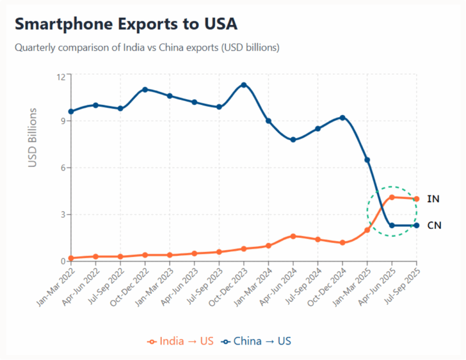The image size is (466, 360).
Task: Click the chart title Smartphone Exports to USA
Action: tap(126, 24)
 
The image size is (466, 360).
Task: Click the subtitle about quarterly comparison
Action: tap(147, 47)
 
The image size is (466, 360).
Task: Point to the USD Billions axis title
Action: tap(32, 137)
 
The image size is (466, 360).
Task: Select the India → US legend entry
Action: tap(180, 341)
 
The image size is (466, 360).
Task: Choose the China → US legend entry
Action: tap(256, 341)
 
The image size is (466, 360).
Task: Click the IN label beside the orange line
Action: tap(433, 199)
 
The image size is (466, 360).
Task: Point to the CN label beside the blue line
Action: tap(434, 225)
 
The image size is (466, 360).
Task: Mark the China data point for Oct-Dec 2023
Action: tap(244, 85)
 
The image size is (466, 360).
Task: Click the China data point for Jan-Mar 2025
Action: tap(367, 160)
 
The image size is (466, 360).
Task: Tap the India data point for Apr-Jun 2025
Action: tap(392, 197)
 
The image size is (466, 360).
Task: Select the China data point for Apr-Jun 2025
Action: tap(392, 225)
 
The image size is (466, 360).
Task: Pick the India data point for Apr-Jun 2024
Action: tap(293, 236)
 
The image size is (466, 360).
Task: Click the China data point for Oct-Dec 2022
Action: tap(145, 90)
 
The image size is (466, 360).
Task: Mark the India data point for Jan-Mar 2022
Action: tap(71, 258)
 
